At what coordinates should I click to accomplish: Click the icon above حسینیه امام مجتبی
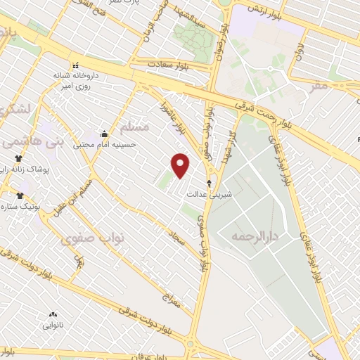[x=104, y=134]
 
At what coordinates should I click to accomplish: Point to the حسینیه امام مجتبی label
[x=110, y=144]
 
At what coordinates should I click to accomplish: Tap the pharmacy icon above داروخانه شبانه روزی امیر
[x=76, y=65]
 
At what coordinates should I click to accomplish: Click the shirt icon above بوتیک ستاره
[x=20, y=196]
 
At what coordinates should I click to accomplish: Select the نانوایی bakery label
[x=53, y=325]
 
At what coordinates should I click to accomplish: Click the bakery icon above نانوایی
[x=52, y=315]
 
